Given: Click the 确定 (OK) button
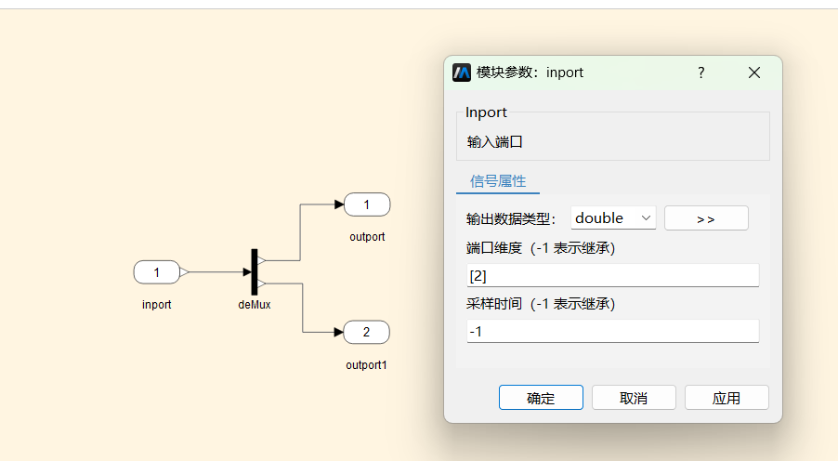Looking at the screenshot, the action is coord(541,398).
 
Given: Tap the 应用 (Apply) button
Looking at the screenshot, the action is coord(727,398).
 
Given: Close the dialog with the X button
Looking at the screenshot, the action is coord(754,72).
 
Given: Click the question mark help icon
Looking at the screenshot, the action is coord(701,72).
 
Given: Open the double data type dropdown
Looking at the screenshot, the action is coord(613,218).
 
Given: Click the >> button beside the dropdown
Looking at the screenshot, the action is coord(706,218).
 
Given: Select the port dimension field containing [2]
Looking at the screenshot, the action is coord(612,275).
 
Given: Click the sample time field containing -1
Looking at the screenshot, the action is coord(612,331).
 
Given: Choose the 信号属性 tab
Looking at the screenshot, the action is coord(498,181).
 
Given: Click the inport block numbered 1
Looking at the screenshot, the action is coord(157,272).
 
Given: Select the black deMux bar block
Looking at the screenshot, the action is coord(255,271).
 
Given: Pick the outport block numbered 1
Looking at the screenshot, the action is coord(367,204).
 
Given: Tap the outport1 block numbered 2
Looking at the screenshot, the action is coord(366,332).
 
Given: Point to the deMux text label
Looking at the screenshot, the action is coord(255,305).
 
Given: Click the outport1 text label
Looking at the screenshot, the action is coord(366,365).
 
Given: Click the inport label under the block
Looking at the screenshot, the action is coord(157,305).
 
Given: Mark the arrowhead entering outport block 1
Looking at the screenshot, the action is coord(339,204).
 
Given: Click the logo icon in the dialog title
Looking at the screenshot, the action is coord(462,72).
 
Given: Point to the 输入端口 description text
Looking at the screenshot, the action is coord(494,141).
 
